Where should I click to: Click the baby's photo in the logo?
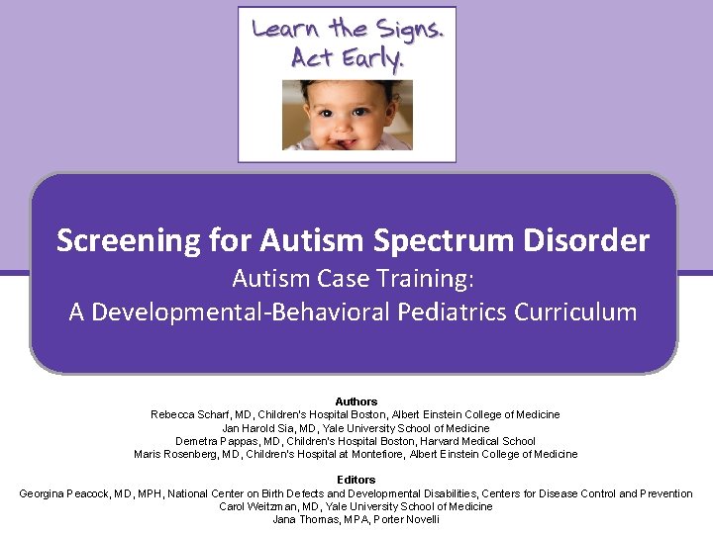(x=347, y=116)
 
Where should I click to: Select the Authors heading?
(x=356, y=401)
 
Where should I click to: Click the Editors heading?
(x=356, y=481)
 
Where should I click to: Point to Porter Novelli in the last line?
(x=406, y=519)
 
